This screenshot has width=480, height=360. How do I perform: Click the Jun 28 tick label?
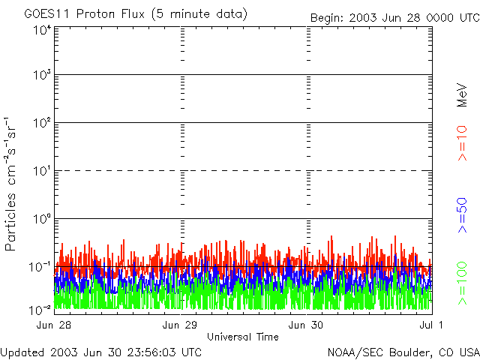tap(53, 325)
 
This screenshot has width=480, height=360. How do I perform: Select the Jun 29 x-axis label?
tap(180, 325)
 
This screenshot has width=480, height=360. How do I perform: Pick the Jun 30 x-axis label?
tap(306, 325)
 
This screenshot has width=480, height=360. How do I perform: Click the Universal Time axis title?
tap(242, 337)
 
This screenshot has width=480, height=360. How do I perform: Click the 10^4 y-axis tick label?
tap(42, 30)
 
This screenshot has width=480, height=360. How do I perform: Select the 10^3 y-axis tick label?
tap(42, 76)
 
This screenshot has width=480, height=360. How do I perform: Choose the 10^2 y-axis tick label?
tap(42, 124)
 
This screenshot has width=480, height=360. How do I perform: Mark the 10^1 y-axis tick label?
tap(42, 172)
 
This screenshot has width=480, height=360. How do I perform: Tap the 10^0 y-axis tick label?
tap(42, 220)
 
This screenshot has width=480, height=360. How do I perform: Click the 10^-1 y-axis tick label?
tap(40, 267)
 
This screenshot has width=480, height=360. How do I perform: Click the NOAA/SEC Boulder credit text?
tap(403, 351)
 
